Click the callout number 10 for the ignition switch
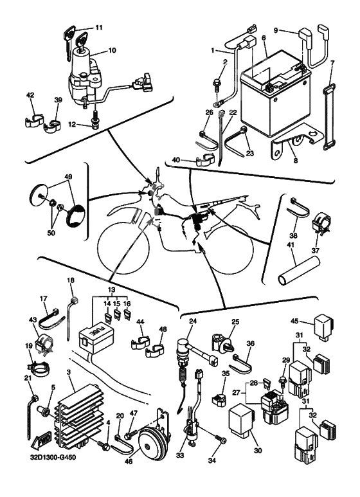(113, 50)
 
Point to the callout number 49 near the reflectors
(67, 176)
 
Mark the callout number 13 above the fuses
(111, 290)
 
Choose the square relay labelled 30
(242, 420)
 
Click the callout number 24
(193, 321)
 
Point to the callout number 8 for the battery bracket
(296, 160)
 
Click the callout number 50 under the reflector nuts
(51, 233)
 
